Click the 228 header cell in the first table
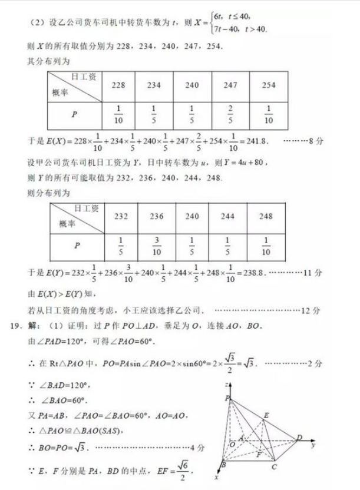118,85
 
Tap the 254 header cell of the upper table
268,85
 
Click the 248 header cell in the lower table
266,216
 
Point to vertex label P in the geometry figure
226,399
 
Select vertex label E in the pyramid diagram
266,416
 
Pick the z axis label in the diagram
226,383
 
